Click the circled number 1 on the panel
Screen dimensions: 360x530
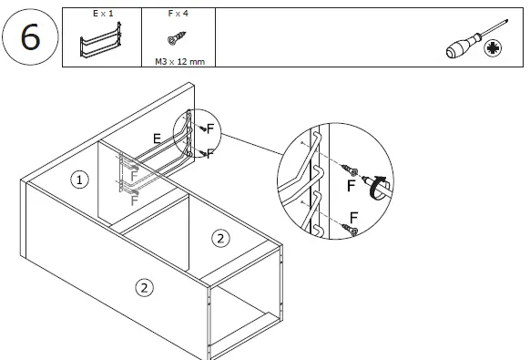pyautogui.click(x=79, y=180)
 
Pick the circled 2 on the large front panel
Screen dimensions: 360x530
pyautogui.click(x=144, y=288)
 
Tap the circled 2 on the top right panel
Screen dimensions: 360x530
pyautogui.click(x=219, y=239)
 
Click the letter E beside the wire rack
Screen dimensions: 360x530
pyautogui.click(x=158, y=139)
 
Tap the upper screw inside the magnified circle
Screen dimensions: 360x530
pyautogui.click(x=346, y=170)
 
